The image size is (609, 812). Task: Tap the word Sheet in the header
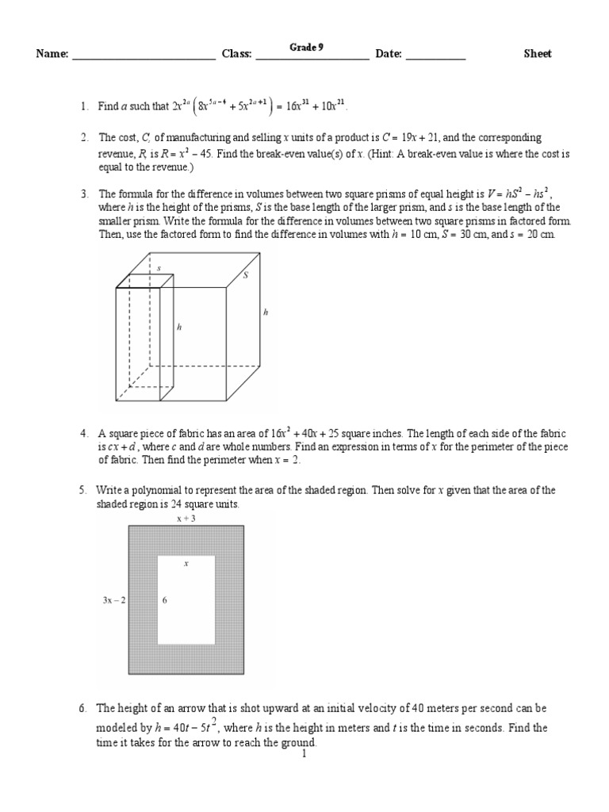pos(538,54)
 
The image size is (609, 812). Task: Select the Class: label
pos(236,54)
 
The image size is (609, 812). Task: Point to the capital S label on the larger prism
pos(245,275)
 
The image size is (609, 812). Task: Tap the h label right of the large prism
pos(266,313)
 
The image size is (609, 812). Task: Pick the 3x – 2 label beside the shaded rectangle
pos(114,600)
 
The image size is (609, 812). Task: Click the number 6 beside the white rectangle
pos(165,600)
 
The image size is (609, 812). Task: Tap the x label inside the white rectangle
pos(186,564)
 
